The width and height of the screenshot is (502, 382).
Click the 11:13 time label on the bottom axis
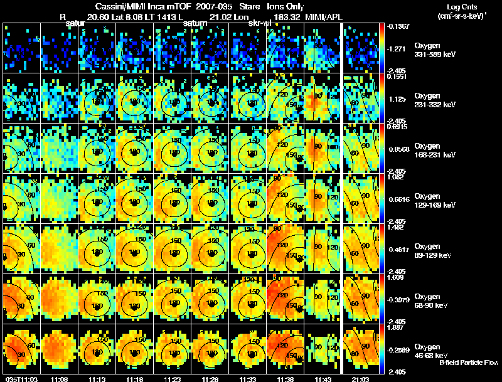pos(97,378)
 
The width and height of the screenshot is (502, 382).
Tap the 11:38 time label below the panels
pos(285,378)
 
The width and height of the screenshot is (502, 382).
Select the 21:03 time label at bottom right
pos(360,378)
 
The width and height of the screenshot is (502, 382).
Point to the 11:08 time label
pos(59,378)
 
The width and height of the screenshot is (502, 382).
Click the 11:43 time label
pos(323,378)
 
